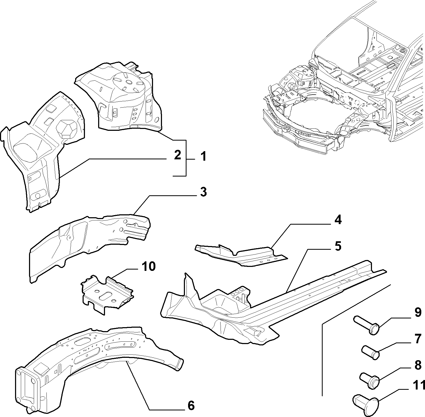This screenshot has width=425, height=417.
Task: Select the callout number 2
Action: [178, 155]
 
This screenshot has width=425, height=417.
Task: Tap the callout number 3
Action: [203, 192]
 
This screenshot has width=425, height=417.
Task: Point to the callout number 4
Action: [338, 220]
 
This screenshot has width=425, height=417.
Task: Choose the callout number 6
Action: [191, 405]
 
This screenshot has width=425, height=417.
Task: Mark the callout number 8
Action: [418, 365]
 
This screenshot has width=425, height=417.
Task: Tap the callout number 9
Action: [418, 313]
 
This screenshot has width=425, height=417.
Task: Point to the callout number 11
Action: [418, 393]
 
